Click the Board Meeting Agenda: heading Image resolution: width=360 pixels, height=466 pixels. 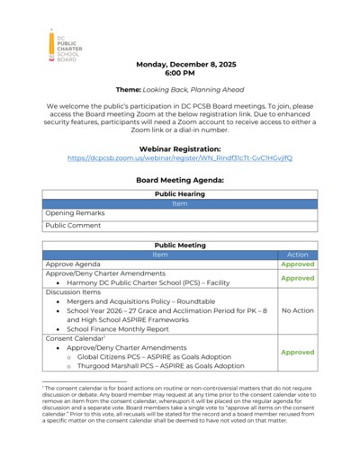(x=179, y=179)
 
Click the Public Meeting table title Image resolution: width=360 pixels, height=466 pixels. (x=179, y=244)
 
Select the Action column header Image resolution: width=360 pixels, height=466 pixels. (x=297, y=255)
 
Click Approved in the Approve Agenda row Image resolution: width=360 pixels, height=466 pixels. (x=297, y=265)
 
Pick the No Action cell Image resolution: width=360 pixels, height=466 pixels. (x=297, y=310)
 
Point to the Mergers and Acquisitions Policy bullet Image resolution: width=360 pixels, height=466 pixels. (x=145, y=300)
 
